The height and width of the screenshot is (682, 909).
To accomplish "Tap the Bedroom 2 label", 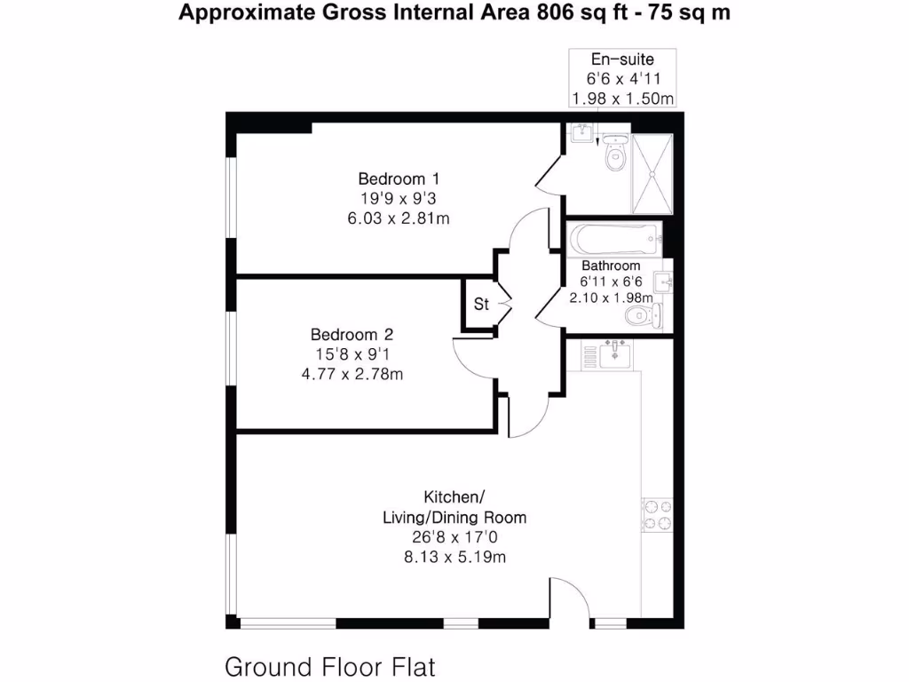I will (352, 335).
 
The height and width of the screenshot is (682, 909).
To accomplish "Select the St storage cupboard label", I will (481, 305).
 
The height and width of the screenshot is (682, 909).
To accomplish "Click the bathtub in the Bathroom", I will (615, 238).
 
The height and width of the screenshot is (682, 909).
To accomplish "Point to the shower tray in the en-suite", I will (653, 175).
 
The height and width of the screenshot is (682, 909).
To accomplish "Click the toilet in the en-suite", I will (614, 155).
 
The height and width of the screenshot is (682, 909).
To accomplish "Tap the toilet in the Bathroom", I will (638, 317).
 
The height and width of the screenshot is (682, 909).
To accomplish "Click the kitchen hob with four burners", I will (659, 515).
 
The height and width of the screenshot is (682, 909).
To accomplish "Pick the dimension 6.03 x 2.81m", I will (398, 218).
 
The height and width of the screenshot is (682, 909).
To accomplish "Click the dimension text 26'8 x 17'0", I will (454, 537).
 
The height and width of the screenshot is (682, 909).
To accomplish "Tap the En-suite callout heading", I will (622, 59).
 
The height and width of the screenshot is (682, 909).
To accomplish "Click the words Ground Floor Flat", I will (330, 666).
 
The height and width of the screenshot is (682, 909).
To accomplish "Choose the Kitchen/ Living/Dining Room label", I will (454, 506).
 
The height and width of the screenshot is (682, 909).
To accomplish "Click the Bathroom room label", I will (611, 266).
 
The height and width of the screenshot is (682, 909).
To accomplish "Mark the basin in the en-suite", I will (581, 133).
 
